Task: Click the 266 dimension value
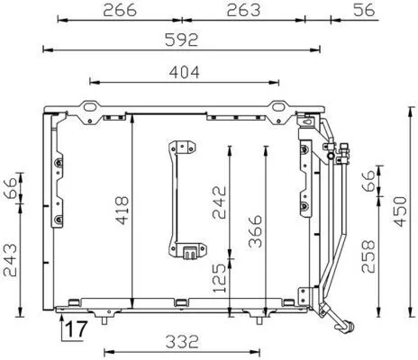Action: click(120, 10)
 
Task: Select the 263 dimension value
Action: click(242, 10)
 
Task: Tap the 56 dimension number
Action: click(362, 10)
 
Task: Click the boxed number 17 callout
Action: click(76, 328)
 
